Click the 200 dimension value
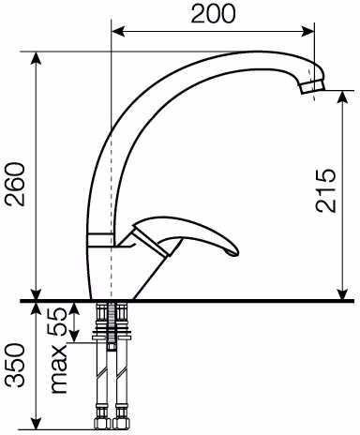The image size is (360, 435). (213, 14)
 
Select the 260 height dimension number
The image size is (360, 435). (16, 184)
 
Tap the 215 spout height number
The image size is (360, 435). (325, 191)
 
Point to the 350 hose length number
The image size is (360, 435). (16, 366)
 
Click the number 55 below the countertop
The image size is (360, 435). (56, 322)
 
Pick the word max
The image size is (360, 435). (59, 369)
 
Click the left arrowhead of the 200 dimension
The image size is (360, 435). (118, 31)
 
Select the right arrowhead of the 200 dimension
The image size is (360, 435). (307, 31)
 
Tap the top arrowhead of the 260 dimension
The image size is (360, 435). (37, 58)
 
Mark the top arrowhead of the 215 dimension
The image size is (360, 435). (343, 97)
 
